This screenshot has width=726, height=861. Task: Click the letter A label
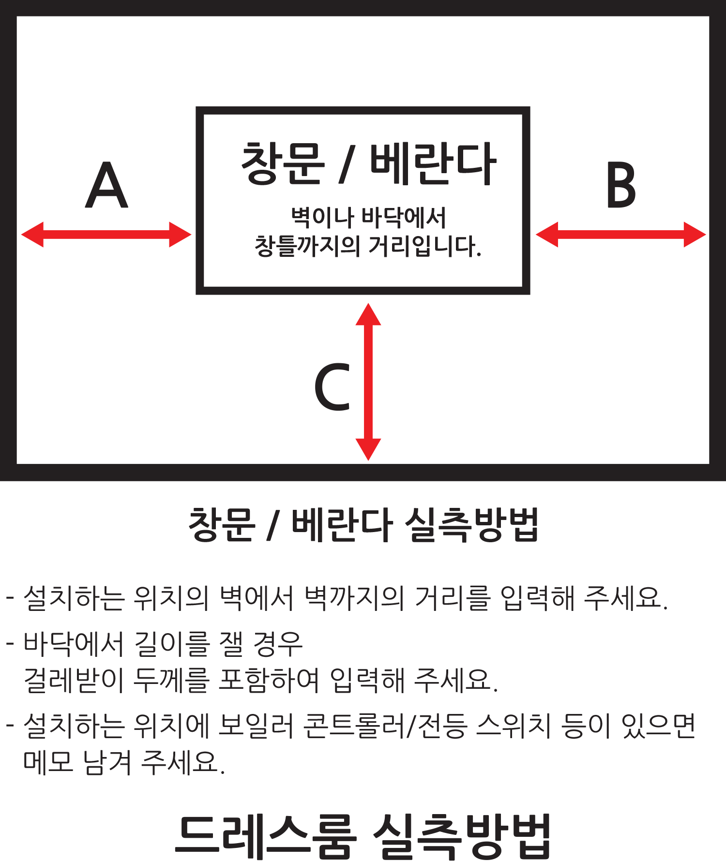[106, 185]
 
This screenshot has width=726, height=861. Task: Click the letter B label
[621, 185]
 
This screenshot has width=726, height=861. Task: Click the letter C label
[332, 387]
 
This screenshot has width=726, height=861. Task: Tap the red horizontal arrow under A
[106, 235]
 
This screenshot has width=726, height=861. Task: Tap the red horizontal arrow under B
[621, 235]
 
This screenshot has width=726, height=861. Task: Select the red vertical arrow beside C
[368, 382]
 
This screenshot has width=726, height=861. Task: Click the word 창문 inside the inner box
[283, 163]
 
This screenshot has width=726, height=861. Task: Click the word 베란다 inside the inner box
[433, 163]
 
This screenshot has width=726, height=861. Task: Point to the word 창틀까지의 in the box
[307, 246]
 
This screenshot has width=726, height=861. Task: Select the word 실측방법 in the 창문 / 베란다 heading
[471, 524]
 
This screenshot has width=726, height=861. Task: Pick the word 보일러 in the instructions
[256, 726]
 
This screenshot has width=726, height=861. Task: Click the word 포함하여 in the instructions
[269, 680]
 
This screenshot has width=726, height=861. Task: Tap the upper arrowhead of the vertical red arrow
[368, 314]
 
